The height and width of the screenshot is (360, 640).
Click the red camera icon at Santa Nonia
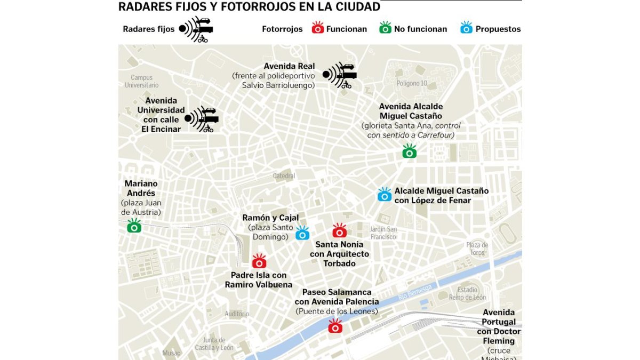click(339, 231)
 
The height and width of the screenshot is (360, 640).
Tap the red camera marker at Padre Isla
click(259, 261)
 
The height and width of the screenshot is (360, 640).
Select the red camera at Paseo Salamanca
click(335, 326)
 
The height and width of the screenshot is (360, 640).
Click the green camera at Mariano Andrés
click(134, 226)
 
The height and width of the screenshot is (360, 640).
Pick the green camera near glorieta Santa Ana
click(409, 151)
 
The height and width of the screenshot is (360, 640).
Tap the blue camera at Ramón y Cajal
click(302, 233)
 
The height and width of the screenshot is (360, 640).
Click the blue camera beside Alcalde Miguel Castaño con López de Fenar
click(385, 195)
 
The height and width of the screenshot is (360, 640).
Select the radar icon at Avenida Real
click(340, 75)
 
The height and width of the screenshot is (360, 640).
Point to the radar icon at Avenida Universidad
click(202, 118)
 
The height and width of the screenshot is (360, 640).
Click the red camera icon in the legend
click(318, 28)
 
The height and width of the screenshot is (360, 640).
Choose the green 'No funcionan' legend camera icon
click(385, 28)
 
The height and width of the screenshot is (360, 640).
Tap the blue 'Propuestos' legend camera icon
click(466, 28)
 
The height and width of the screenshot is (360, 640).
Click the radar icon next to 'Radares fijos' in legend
click(196, 29)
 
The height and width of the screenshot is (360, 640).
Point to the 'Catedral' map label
click(284, 176)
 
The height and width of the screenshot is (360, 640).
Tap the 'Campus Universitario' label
click(142, 81)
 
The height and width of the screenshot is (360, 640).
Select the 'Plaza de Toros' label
click(477, 249)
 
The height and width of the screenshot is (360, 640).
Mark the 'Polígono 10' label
click(412, 83)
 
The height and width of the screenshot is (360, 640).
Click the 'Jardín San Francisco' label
click(383, 233)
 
